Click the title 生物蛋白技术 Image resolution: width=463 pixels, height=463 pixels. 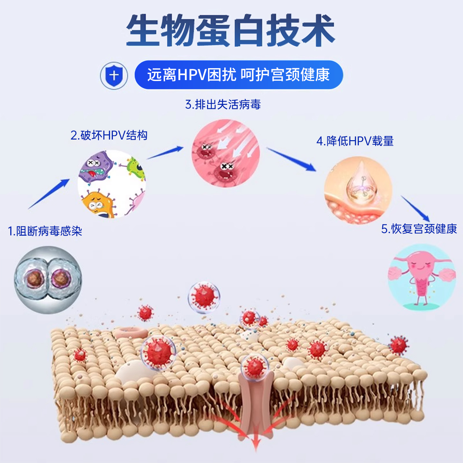[231, 31]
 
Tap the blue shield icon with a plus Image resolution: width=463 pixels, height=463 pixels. [114, 76]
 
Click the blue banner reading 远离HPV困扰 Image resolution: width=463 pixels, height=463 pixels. [239, 75]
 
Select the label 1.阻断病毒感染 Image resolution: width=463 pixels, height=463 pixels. [45, 231]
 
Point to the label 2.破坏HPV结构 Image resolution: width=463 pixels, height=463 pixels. [109, 135]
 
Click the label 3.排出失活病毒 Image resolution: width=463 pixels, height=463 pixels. [223, 104]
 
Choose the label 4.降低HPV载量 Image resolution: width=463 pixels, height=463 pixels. [355, 141]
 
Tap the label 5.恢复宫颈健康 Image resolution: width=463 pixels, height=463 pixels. [419, 229]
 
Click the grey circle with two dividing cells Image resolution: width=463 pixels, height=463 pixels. [48, 280]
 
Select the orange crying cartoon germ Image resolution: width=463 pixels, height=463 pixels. [97, 204]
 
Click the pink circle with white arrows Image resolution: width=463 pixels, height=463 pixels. [225, 153]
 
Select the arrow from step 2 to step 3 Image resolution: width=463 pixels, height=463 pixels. [165, 153]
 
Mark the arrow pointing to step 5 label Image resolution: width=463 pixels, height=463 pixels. [415, 209]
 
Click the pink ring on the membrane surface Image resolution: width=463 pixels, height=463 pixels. [131, 332]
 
